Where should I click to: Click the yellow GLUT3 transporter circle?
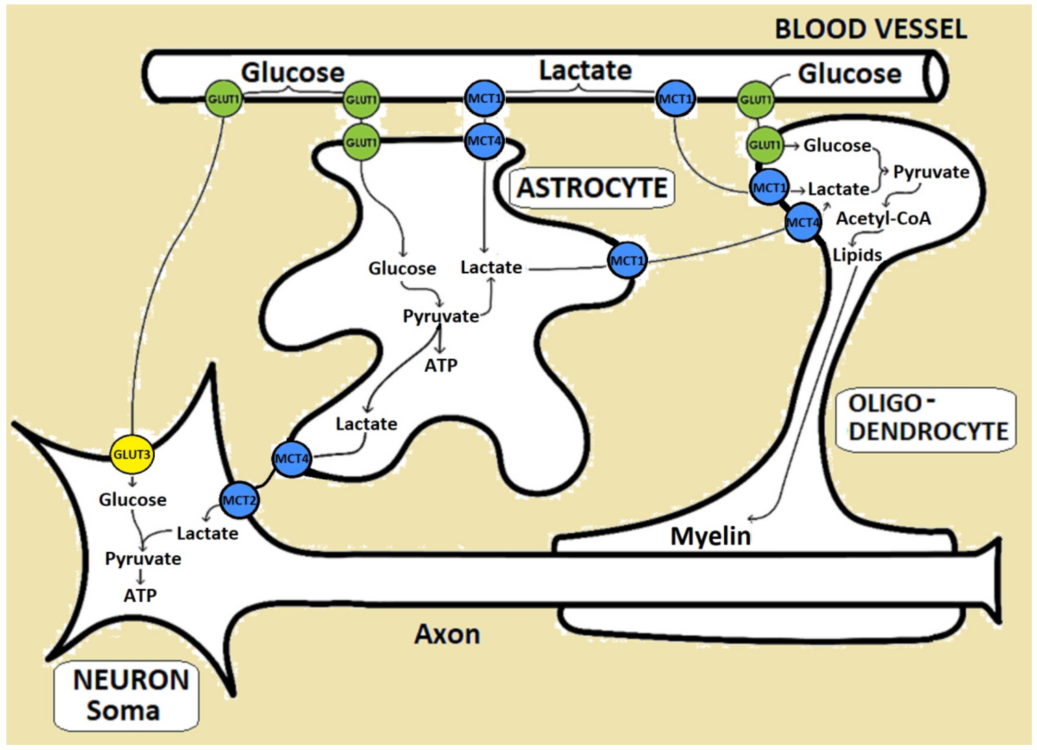pyautogui.click(x=132, y=454)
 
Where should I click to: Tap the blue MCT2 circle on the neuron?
pyautogui.click(x=239, y=500)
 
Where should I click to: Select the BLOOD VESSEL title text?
pyautogui.click(x=871, y=29)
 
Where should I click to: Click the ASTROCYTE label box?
pyautogui.click(x=591, y=188)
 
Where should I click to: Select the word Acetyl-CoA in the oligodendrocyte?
pyautogui.click(x=883, y=219)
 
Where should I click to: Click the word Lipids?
pyautogui.click(x=857, y=255)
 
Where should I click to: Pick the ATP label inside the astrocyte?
pyautogui.click(x=441, y=365)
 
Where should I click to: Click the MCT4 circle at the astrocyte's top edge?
pyautogui.click(x=484, y=141)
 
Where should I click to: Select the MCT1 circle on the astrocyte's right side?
pyautogui.click(x=627, y=261)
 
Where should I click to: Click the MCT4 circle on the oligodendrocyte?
pyautogui.click(x=802, y=223)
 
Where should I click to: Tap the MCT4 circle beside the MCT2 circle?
pyautogui.click(x=291, y=458)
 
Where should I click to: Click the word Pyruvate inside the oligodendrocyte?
pyautogui.click(x=931, y=172)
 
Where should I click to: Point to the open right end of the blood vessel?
pyautogui.click(x=935, y=75)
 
